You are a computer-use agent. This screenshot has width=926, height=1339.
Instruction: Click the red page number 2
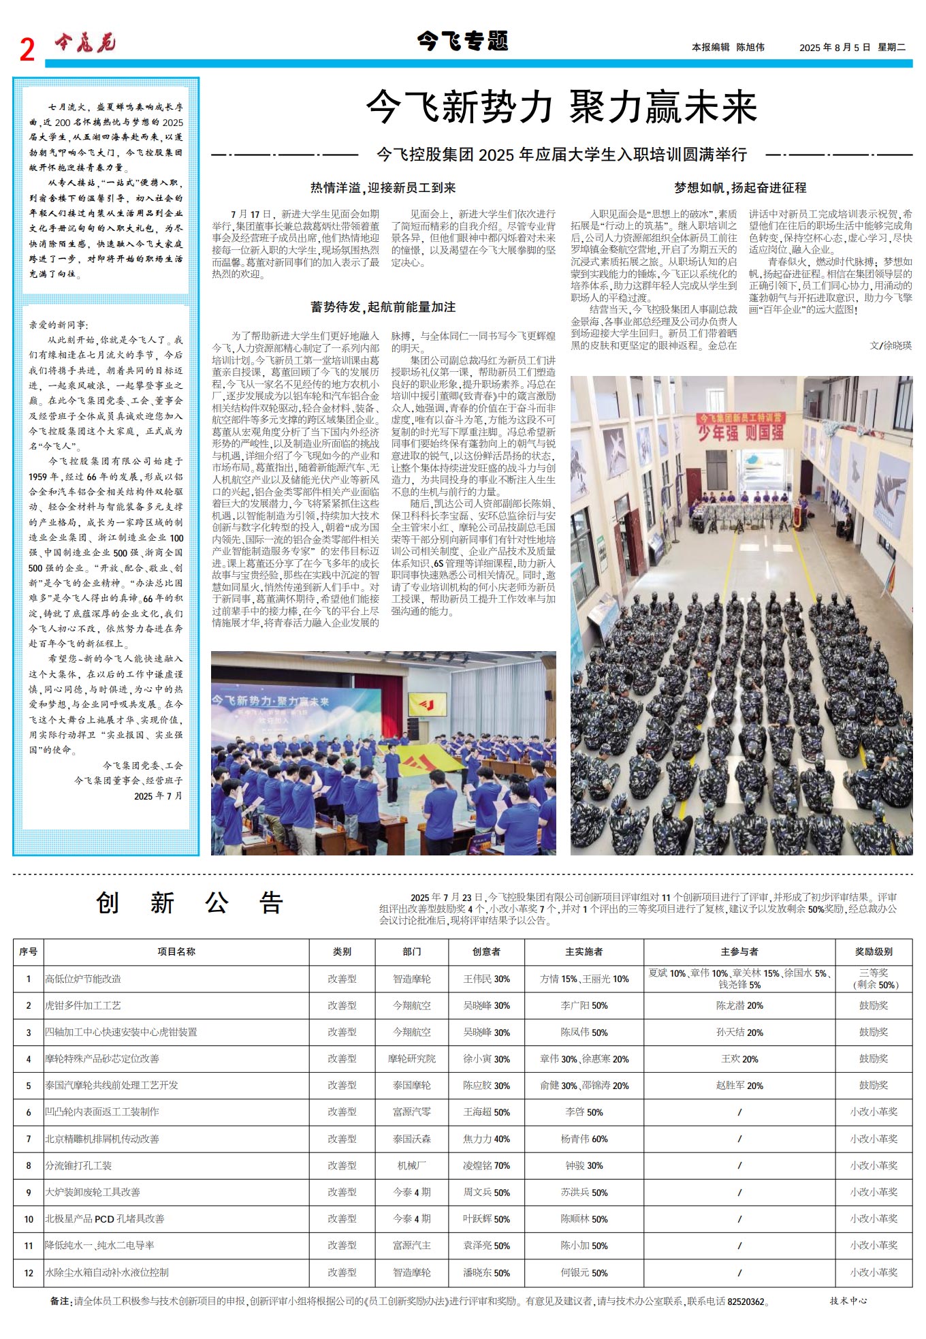pos(27,50)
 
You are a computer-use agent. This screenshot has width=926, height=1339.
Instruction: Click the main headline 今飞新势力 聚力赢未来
pos(561,108)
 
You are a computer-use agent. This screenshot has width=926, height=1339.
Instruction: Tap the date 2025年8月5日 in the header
pos(835,47)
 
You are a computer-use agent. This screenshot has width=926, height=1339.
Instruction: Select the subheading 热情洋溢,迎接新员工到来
pos(383,188)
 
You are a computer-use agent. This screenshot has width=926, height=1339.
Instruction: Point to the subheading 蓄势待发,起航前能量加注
pos(383,307)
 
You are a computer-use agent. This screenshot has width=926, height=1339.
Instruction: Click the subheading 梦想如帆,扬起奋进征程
pos(740,188)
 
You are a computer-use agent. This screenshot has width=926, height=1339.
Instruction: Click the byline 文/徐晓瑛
pos(890,345)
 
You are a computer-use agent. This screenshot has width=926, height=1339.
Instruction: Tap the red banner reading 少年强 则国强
pos(740,431)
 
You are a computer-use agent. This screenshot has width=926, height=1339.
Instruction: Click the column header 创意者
pos(486,951)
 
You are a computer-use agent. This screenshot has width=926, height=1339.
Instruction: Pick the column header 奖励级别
pos(874,951)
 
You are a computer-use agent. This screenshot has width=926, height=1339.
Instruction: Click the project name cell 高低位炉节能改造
pos(83,979)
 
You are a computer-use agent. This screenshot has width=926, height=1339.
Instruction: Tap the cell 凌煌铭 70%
pos(486,1165)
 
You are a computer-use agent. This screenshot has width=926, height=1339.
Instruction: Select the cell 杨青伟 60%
pos(584,1139)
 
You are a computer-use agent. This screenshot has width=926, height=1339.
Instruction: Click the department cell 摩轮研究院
pos(411,1058)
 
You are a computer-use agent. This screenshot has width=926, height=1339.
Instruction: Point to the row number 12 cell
pos(29,1272)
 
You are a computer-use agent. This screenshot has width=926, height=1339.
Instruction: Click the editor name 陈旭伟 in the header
pos(750,47)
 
